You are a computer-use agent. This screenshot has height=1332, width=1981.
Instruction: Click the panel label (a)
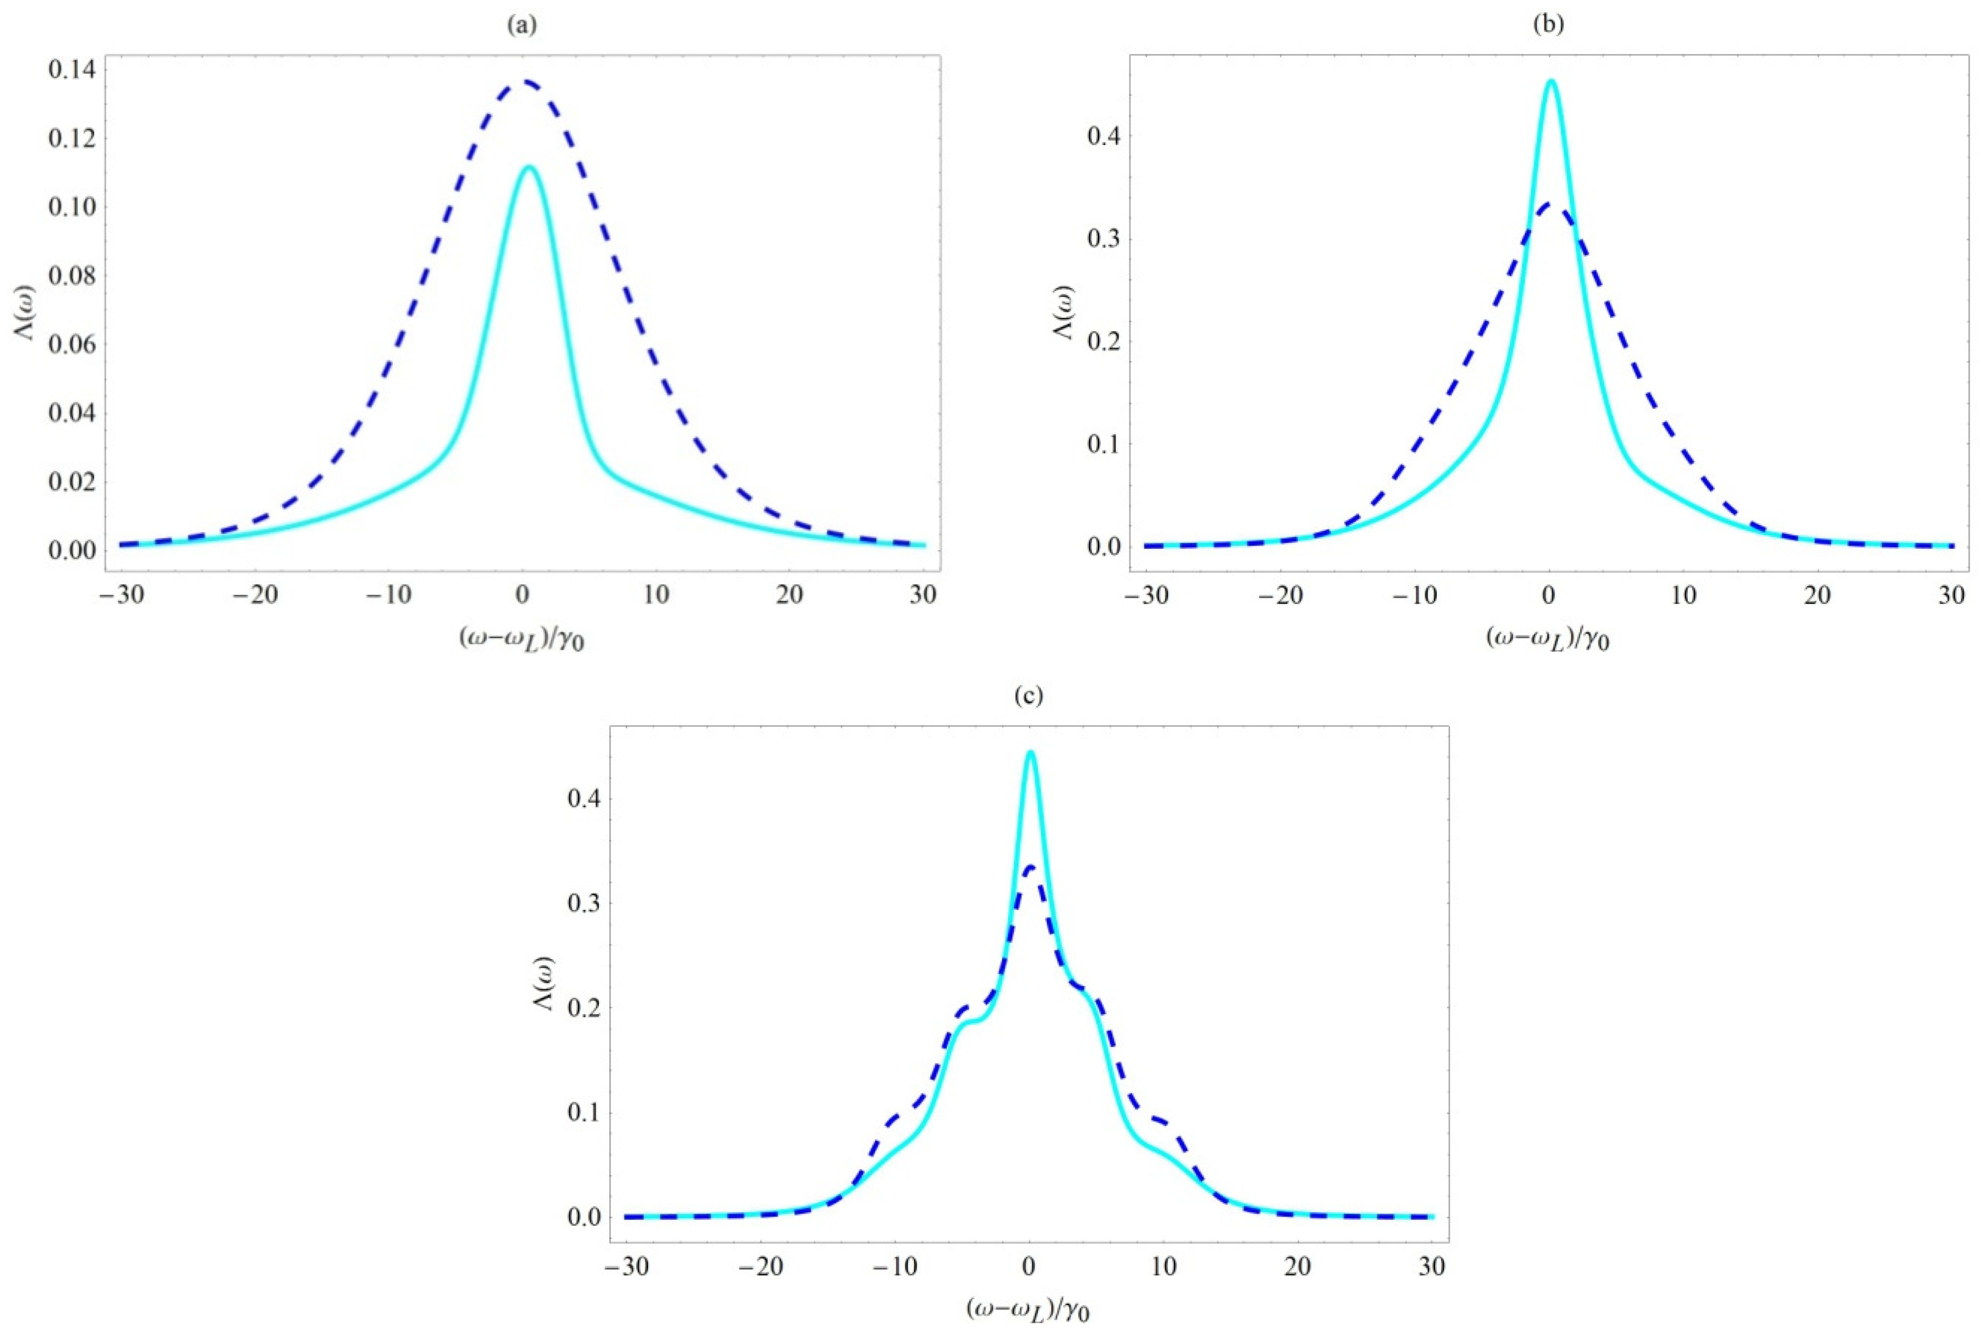522,26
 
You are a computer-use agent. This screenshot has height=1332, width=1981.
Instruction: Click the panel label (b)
1548,26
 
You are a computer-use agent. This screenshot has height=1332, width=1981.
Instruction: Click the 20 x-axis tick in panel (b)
1818,595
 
